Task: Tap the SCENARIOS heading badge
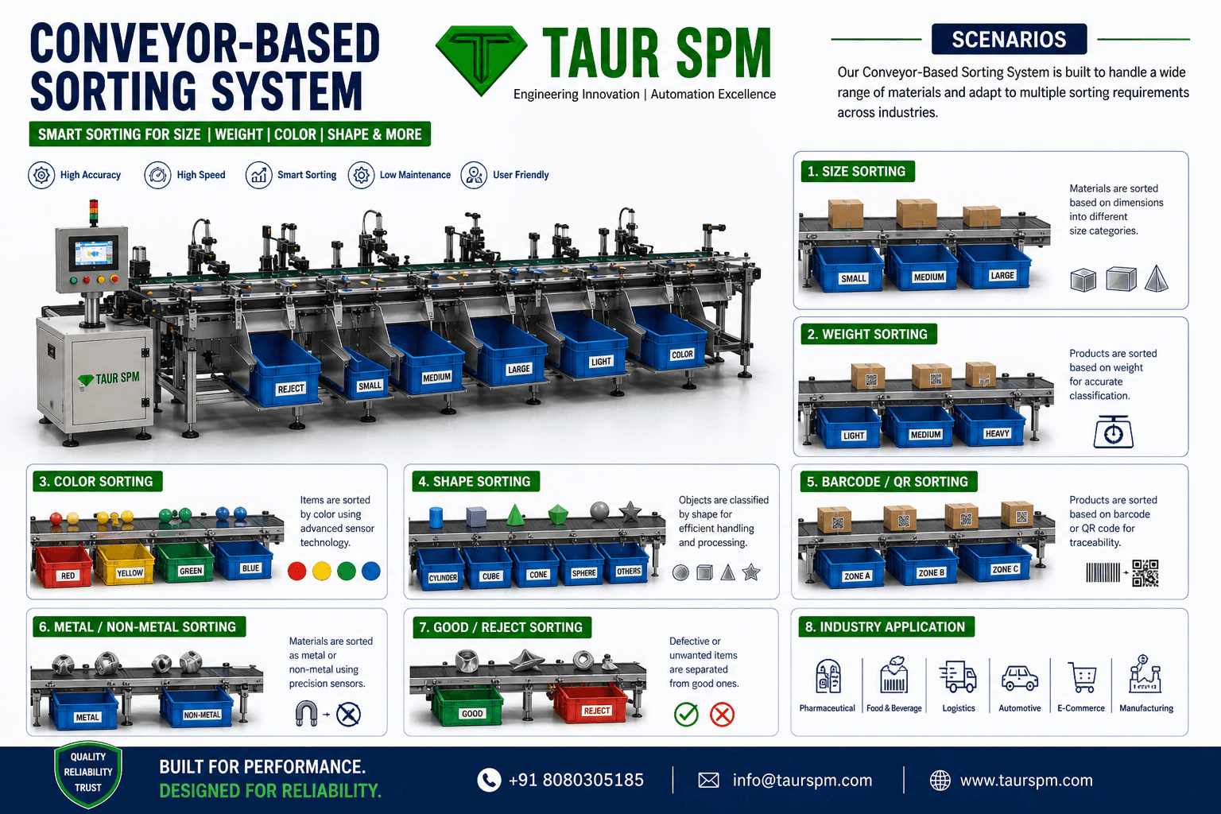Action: (1009, 39)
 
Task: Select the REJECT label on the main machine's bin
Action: (290, 389)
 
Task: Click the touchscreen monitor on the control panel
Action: (93, 254)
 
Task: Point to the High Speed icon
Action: (157, 175)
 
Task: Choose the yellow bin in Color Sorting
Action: (126, 565)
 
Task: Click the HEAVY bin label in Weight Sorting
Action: (997, 433)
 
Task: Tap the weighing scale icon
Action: (1113, 432)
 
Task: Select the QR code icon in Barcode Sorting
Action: (1145, 573)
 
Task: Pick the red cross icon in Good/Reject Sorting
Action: (723, 714)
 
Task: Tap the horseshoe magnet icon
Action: (306, 714)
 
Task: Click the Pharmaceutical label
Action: (827, 708)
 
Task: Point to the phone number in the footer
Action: (576, 780)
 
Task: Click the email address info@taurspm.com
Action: (802, 780)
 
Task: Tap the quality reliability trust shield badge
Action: (88, 774)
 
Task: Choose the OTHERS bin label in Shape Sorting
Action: (629, 572)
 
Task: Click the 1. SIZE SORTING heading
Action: (858, 171)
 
